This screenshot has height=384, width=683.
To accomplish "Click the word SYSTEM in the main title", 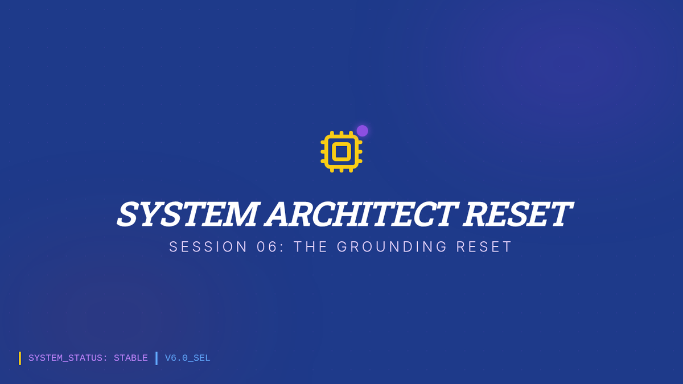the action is (187, 214).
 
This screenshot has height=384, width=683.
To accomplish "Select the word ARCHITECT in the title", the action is (360, 214).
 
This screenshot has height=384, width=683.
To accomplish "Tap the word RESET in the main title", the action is (517, 214).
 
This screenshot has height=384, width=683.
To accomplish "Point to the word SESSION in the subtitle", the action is (208, 246).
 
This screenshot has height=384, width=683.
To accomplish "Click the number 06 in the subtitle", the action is (267, 246).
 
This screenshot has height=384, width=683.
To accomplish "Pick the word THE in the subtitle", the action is (311, 246).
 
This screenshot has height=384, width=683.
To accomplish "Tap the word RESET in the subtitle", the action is (484, 246).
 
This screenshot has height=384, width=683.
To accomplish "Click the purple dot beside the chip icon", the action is (362, 131).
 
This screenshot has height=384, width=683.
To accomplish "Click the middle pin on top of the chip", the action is (341, 134).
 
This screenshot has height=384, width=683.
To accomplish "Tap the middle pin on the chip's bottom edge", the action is (341, 170).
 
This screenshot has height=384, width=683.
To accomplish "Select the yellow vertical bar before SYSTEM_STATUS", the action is (20, 358).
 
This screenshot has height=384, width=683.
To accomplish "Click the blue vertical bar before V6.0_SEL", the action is (157, 358).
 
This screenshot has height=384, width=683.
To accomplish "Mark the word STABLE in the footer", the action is (130, 358).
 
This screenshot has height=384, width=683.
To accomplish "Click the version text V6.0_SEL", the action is (187, 358).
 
